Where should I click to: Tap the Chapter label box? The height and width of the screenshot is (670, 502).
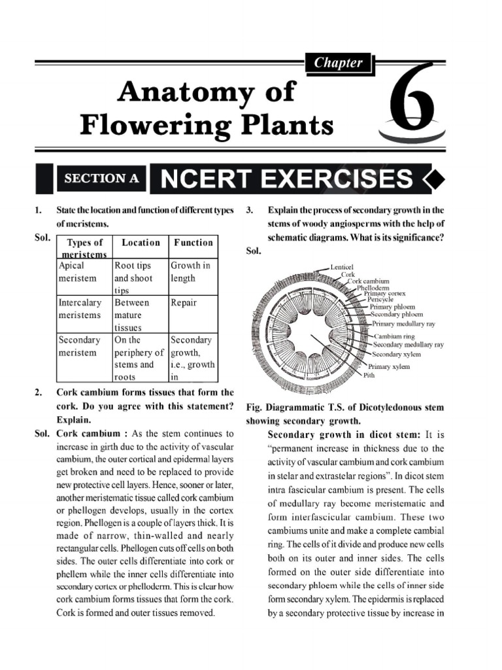pyautogui.click(x=338, y=63)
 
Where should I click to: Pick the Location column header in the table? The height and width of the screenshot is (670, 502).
pyautogui.click(x=141, y=243)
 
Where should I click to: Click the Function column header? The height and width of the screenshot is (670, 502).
pyautogui.click(x=193, y=243)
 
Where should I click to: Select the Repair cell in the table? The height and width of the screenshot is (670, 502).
pyautogui.click(x=184, y=304)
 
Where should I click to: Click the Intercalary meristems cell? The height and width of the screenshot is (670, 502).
pyautogui.click(x=80, y=309)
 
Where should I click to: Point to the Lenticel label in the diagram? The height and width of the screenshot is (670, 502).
pyautogui.click(x=341, y=268)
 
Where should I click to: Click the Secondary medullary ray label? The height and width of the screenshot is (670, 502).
pyautogui.click(x=408, y=345)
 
